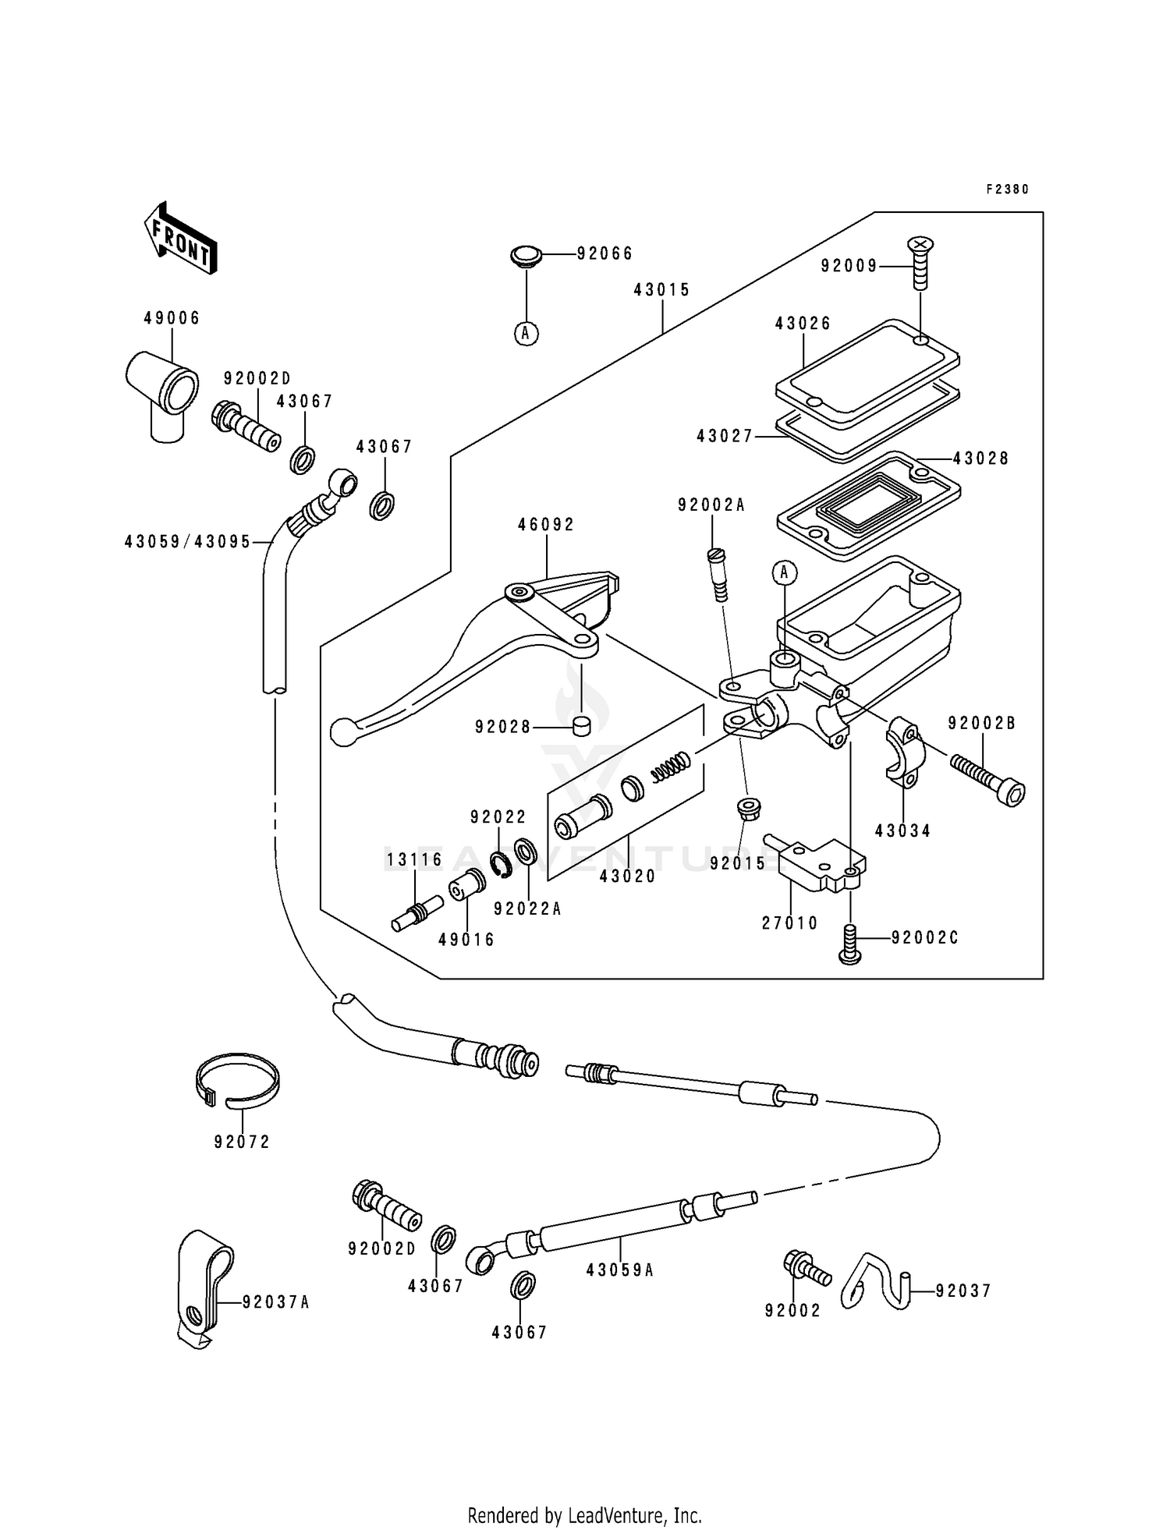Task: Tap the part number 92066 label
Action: (604, 253)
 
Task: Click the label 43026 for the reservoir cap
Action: (803, 323)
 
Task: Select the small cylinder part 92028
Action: (581, 726)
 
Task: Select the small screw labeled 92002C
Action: (851, 944)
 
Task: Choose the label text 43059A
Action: (619, 1270)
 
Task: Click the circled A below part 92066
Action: (526, 334)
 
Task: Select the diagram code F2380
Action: (1007, 189)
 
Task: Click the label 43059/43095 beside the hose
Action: (187, 541)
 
